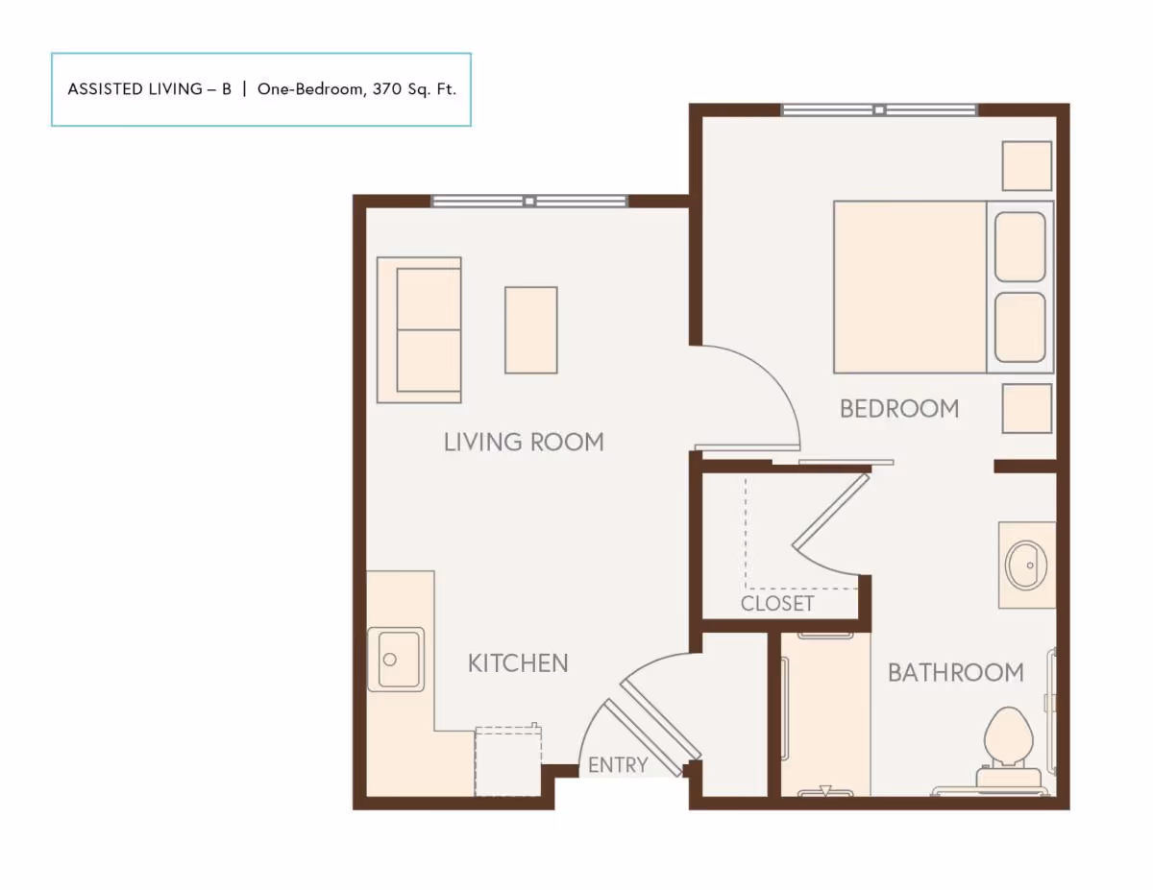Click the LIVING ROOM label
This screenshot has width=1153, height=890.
[524, 442]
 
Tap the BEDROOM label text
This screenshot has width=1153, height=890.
[899, 409]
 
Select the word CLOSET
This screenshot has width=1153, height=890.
[777, 603]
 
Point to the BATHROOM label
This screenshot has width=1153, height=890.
[955, 672]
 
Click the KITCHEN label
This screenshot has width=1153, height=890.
[518, 662]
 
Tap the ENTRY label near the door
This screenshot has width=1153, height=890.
[618, 765]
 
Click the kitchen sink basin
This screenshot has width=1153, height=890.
[396, 659]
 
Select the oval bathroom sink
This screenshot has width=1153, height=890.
[1026, 565]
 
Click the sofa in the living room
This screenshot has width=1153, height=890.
[420, 329]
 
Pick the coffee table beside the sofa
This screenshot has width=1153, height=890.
[530, 329]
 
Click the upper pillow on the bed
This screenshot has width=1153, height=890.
[1019, 247]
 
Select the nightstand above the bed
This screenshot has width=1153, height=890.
[1026, 166]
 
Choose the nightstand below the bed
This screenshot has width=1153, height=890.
[1026, 408]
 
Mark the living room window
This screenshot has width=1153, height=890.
[529, 201]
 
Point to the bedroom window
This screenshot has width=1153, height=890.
[879, 109]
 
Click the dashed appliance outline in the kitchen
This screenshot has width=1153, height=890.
[508, 761]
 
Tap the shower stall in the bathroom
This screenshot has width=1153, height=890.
[824, 715]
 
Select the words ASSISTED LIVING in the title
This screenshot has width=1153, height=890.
[135, 89]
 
